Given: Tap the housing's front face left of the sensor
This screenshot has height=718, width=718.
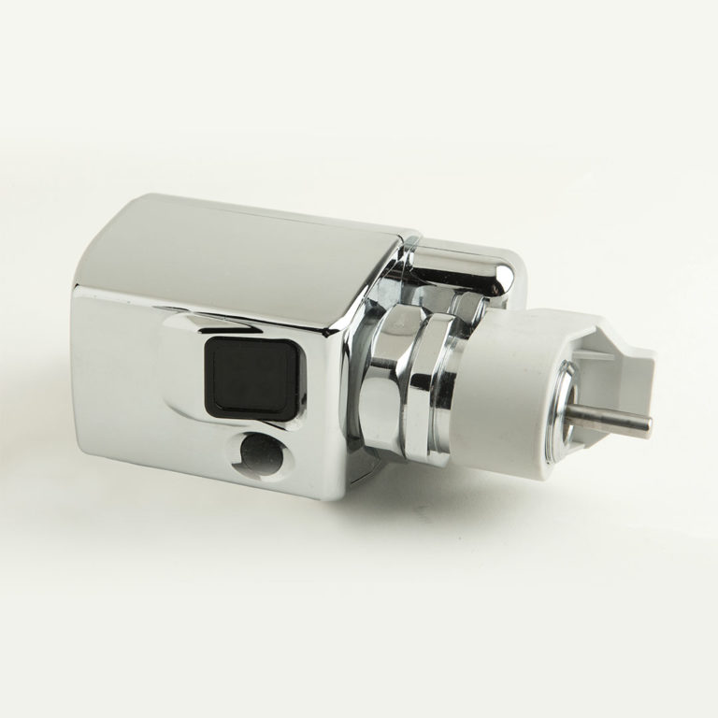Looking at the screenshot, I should coord(122,374).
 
